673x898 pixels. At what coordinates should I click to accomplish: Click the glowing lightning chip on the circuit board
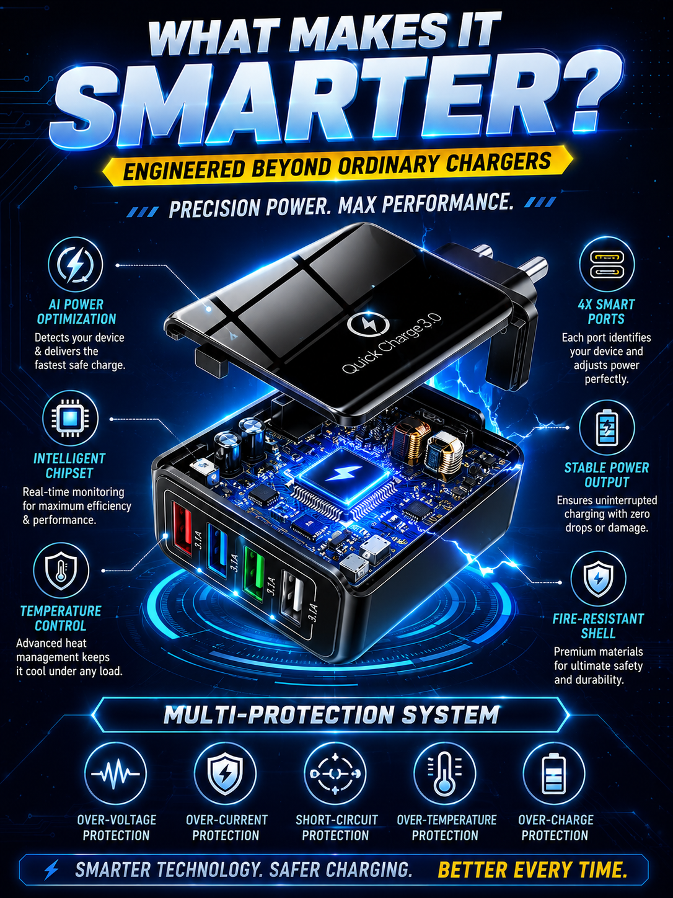[x=346, y=475]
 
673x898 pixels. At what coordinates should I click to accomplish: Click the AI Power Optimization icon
[x=75, y=265]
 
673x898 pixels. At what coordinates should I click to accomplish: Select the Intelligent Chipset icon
[x=70, y=419]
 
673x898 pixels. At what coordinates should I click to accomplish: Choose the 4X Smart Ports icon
[x=607, y=264]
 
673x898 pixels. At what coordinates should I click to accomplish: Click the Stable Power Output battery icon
[x=607, y=427]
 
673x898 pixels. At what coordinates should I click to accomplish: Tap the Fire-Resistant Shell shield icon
[x=598, y=579]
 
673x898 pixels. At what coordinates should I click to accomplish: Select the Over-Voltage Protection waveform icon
[x=115, y=773]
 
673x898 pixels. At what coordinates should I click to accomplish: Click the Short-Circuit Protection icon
[x=335, y=773]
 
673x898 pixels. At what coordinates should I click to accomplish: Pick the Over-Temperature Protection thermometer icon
[x=444, y=773]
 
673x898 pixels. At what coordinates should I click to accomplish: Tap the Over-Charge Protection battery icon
[x=554, y=773]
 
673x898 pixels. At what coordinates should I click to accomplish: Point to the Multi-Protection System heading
[x=331, y=714]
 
